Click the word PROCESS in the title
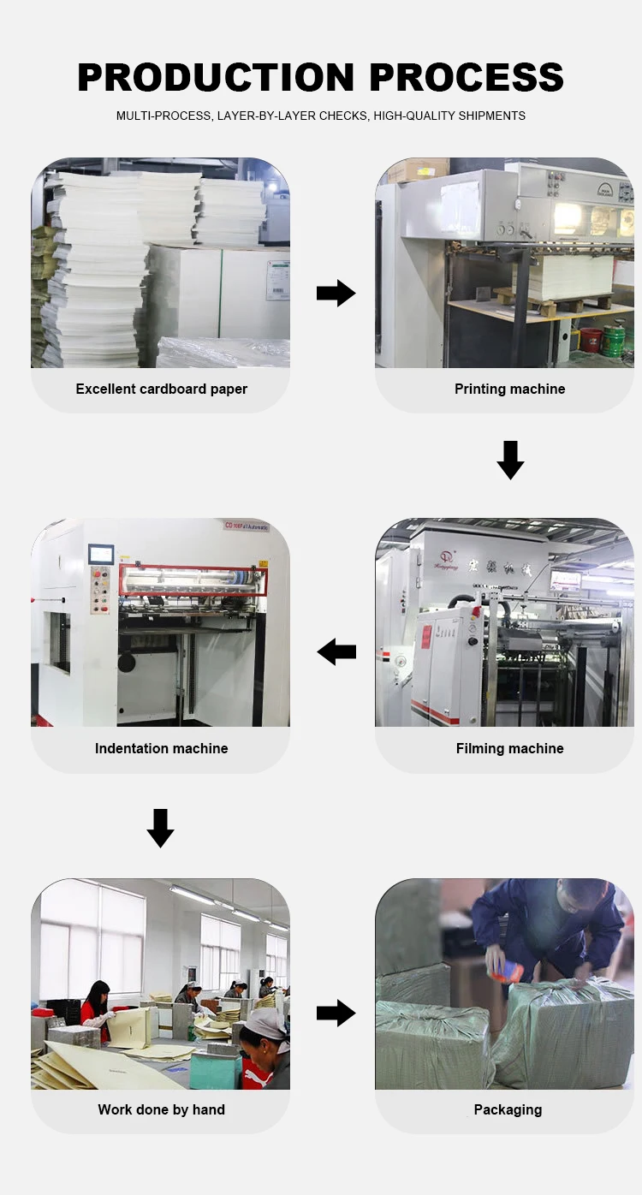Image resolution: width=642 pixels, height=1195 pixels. [x=467, y=78]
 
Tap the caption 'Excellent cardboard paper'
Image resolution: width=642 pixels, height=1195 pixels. [x=161, y=389]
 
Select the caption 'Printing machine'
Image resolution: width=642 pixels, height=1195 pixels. [x=509, y=389]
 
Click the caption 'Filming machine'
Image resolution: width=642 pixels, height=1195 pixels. [x=509, y=749]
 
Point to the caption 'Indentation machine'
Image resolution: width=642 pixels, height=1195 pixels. [x=161, y=749]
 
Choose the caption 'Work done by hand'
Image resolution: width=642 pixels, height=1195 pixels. [x=161, y=1110]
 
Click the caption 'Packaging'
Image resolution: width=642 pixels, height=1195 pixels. [x=508, y=1110]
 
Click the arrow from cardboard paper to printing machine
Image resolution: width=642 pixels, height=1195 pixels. [x=336, y=294]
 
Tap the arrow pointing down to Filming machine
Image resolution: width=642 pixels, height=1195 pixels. [x=510, y=460]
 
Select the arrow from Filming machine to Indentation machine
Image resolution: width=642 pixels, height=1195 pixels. [x=336, y=652]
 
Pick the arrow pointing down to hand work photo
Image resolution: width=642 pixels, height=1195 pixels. [x=160, y=828]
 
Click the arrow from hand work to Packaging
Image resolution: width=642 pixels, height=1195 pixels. [x=336, y=1014]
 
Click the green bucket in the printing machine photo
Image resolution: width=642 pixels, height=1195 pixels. [x=613, y=342]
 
